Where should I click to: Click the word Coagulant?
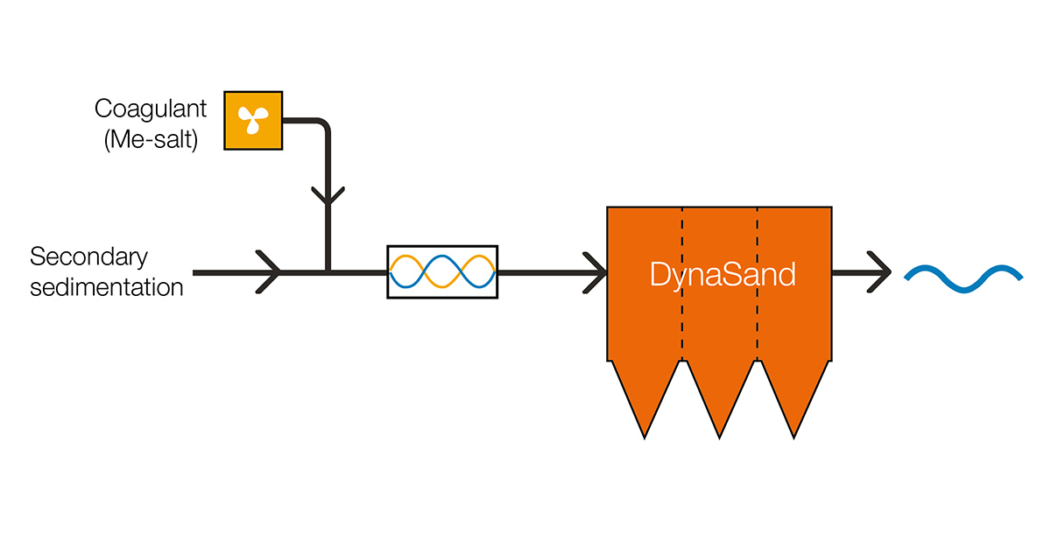pos(151,109)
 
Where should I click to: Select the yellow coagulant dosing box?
pos(252,120)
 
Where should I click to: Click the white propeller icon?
pos(252,120)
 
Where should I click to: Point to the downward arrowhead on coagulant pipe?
pos(328,194)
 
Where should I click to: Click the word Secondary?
pos(88,257)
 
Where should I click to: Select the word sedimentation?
pos(106,286)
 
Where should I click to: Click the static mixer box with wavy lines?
pos(442,271)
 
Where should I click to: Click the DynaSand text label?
pos(723,274)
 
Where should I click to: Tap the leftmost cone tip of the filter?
pos(645,433)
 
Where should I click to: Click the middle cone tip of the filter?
pos(720,433)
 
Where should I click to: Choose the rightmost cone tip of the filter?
pos(795,433)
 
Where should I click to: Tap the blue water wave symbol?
pos(963,274)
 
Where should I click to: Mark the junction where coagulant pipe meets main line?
pos(328,272)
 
